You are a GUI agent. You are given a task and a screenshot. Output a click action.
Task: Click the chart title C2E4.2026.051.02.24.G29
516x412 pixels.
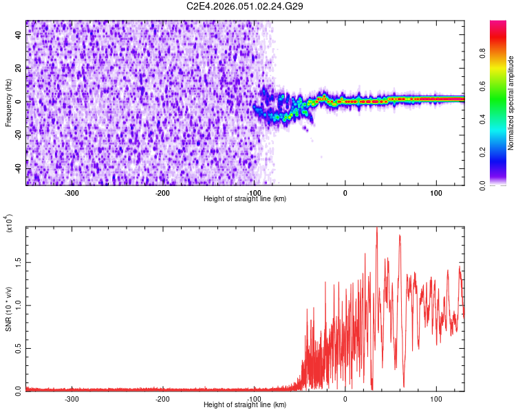(245, 6)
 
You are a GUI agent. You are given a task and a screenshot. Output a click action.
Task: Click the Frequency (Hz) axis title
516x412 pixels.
(8, 102)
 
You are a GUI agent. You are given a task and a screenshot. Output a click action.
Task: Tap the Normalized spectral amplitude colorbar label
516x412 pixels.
(511, 103)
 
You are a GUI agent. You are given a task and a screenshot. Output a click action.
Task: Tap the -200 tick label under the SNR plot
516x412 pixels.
(163, 399)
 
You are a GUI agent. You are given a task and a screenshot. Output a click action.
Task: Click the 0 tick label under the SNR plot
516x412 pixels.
(345, 399)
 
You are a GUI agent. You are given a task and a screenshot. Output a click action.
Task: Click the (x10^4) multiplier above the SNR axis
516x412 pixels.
(9, 224)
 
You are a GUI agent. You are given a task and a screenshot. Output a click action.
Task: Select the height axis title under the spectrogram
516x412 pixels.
(245, 198)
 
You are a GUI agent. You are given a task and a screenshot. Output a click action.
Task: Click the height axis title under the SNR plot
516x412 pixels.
(245, 404)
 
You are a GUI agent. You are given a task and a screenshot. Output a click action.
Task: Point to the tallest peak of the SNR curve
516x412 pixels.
(376, 229)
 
